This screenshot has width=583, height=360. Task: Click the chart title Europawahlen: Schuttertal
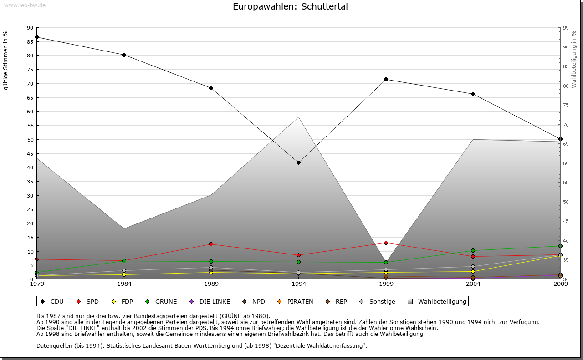[290, 7]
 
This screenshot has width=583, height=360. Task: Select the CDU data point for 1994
[298, 162]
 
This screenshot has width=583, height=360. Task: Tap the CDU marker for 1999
[386, 80]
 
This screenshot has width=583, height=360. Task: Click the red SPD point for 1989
[211, 244]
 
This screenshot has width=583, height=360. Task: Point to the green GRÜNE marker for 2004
[473, 250]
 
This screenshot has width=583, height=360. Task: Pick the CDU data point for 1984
[124, 55]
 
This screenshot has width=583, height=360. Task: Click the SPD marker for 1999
[386, 243]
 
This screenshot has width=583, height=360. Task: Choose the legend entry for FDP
[123, 301]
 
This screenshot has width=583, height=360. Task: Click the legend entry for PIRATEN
[295, 301]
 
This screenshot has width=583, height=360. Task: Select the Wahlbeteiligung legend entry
[437, 301]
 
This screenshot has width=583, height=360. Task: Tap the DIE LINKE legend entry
[210, 301]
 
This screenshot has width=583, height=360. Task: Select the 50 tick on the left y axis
[30, 140]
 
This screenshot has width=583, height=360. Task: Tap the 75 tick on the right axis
[566, 105]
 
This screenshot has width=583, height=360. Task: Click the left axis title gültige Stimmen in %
[6, 60]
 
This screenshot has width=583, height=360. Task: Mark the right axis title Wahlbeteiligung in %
[574, 60]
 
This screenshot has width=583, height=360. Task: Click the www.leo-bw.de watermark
[24, 5]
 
